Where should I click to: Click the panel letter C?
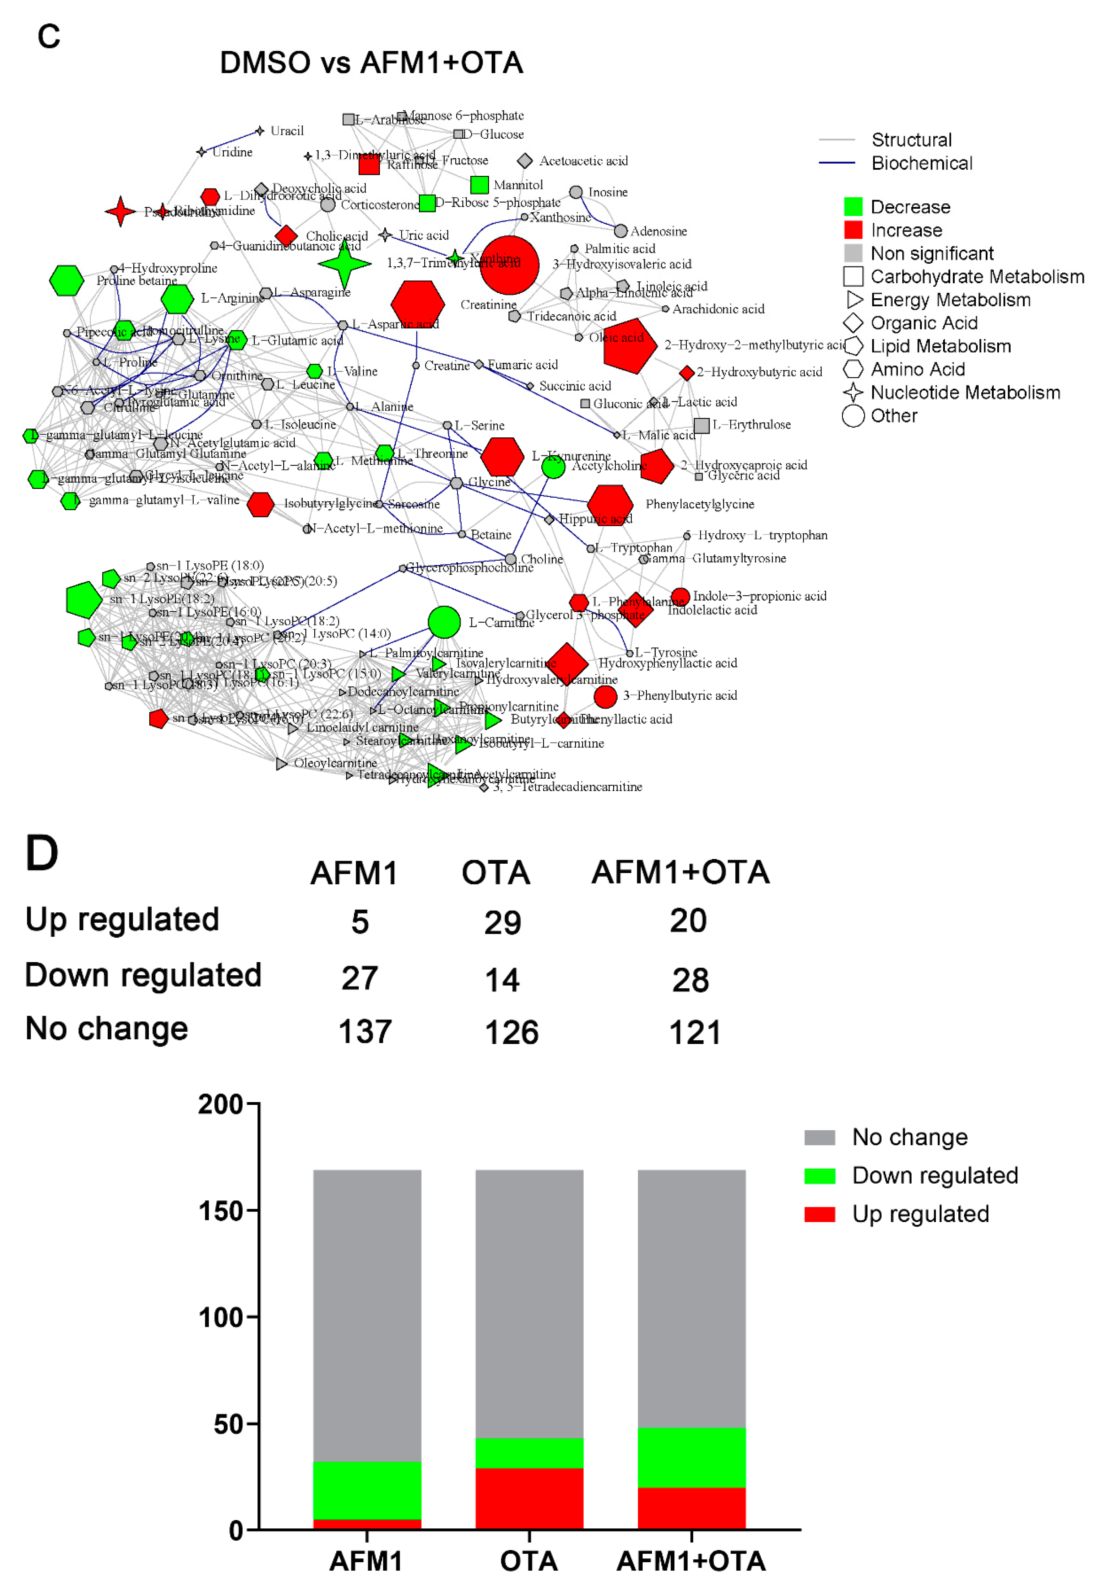48,36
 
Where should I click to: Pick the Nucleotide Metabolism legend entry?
965,393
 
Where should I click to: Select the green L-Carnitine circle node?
444,622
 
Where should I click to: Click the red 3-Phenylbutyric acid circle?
605,696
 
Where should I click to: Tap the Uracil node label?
287,131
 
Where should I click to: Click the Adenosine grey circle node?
621,232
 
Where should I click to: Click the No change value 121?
695,1032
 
